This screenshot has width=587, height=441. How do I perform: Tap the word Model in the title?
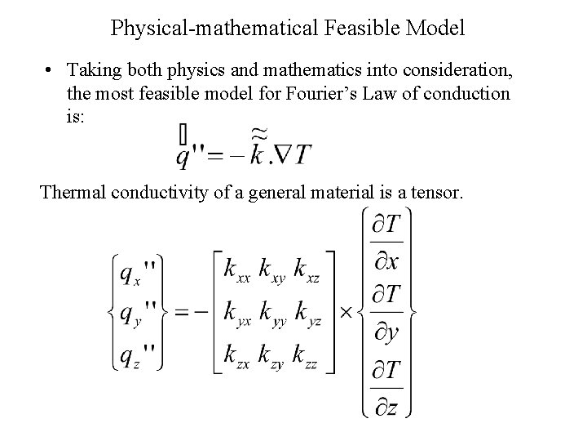pyautogui.click(x=435, y=29)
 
